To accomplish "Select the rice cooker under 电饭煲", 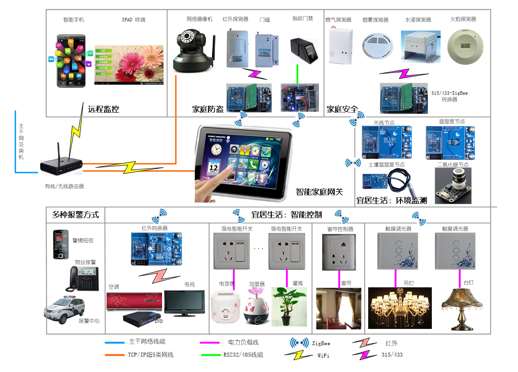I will (226, 307).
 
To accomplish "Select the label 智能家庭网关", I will (320, 192).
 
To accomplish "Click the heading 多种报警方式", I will (75, 214).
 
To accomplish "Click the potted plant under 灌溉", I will (288, 306).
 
